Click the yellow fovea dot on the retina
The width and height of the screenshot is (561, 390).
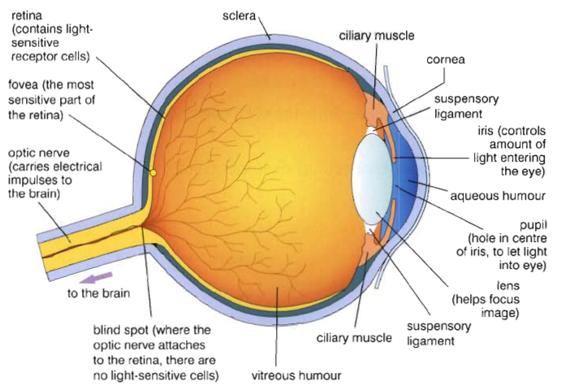point(152,172)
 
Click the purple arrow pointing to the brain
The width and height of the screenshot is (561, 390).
point(94,279)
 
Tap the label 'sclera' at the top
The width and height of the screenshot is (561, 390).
point(240,15)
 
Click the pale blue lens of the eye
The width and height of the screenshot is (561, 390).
point(375,178)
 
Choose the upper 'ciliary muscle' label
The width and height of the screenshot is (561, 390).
point(378,36)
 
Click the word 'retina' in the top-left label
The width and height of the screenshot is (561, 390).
point(26,15)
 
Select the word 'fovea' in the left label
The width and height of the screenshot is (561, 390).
point(26,84)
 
